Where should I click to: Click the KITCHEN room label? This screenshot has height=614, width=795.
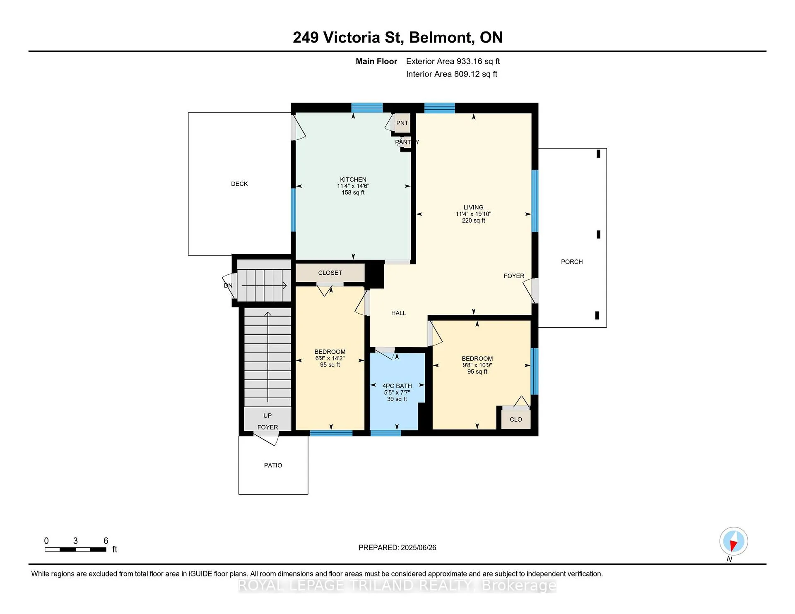coord(353,180)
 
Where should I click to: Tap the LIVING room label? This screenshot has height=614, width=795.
coord(473,207)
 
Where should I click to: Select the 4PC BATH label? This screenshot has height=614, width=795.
coord(397,386)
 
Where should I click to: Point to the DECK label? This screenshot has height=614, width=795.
coord(239,184)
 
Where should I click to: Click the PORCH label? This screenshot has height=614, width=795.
coord(572,261)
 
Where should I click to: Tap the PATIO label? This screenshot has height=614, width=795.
coord(273,465)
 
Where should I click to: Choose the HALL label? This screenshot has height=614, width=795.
coord(398,313)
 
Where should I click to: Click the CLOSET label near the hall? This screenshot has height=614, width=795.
coord(330,273)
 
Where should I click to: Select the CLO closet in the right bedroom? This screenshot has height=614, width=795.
coord(516,419)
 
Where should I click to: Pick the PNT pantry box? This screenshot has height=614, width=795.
coord(402,123)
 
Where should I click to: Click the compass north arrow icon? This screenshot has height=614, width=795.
coord(733,541)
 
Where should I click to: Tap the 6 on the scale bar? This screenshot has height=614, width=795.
coord(106,541)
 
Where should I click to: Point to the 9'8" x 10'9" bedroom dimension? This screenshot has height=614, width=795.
coord(477,365)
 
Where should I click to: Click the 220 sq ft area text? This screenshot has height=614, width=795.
coord(473,221)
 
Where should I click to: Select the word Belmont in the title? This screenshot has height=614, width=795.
coord(441,38)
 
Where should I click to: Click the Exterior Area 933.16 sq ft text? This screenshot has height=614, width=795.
coord(453,61)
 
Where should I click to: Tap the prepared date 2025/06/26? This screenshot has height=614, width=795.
coord(419,547)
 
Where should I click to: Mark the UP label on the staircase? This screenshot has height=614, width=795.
coord(267,415)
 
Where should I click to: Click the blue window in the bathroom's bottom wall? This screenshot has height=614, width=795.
coord(385,433)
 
